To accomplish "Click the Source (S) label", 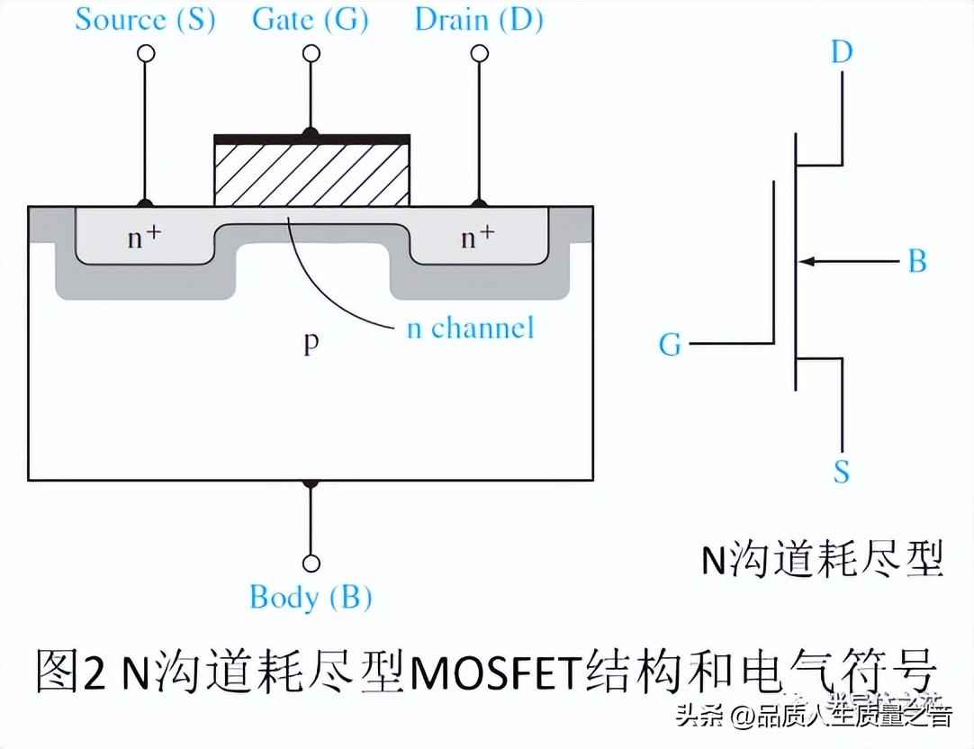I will click(x=145, y=20).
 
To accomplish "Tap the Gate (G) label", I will click(x=311, y=20).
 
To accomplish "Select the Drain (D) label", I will click(x=478, y=20).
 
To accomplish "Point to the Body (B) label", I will click(x=311, y=597).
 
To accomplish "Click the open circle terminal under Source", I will click(x=145, y=53).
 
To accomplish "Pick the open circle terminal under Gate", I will click(x=311, y=53).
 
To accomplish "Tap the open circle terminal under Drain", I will click(x=478, y=53).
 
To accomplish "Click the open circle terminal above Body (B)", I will click(x=311, y=564).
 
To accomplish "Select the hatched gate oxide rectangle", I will click(x=311, y=175).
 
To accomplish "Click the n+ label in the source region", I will click(x=143, y=238).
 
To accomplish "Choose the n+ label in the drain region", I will click(x=477, y=238).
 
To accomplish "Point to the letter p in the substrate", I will click(x=311, y=344).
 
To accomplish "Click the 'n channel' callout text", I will click(x=470, y=327).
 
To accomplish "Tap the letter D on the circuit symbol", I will click(x=841, y=52).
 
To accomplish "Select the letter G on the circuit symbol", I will click(x=671, y=344).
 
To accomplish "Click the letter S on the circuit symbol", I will click(x=841, y=472).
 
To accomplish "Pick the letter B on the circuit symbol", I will click(x=916, y=262).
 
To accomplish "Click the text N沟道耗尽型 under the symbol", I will click(x=822, y=560).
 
